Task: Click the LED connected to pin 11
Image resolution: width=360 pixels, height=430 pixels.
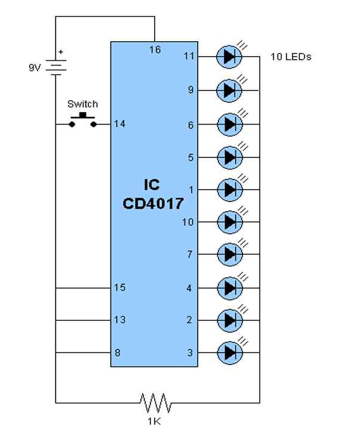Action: point(229,57)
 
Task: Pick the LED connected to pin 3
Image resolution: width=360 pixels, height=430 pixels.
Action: point(229,353)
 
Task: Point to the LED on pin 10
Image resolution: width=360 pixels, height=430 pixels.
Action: point(229,222)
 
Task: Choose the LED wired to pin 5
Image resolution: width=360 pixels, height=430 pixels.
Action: point(229,157)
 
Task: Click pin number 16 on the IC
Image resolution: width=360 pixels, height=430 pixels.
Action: point(155,50)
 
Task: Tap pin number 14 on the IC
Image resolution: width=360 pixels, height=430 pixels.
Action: point(119,124)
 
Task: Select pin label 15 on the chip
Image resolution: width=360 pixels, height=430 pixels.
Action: point(119,288)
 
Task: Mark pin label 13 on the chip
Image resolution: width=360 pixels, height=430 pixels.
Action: point(119,320)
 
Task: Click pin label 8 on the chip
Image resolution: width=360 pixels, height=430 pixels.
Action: point(118,353)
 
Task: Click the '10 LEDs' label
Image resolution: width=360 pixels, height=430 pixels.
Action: point(290,57)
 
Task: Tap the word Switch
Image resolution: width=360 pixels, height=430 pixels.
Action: point(82,104)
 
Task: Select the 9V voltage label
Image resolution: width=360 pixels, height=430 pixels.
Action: point(35,68)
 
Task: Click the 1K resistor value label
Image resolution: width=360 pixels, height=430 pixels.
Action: point(156,420)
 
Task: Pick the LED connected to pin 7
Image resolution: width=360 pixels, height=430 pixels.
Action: point(229,255)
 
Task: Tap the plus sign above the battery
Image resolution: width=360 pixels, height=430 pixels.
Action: point(60,52)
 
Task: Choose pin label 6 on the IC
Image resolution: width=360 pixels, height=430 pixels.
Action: point(190,125)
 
